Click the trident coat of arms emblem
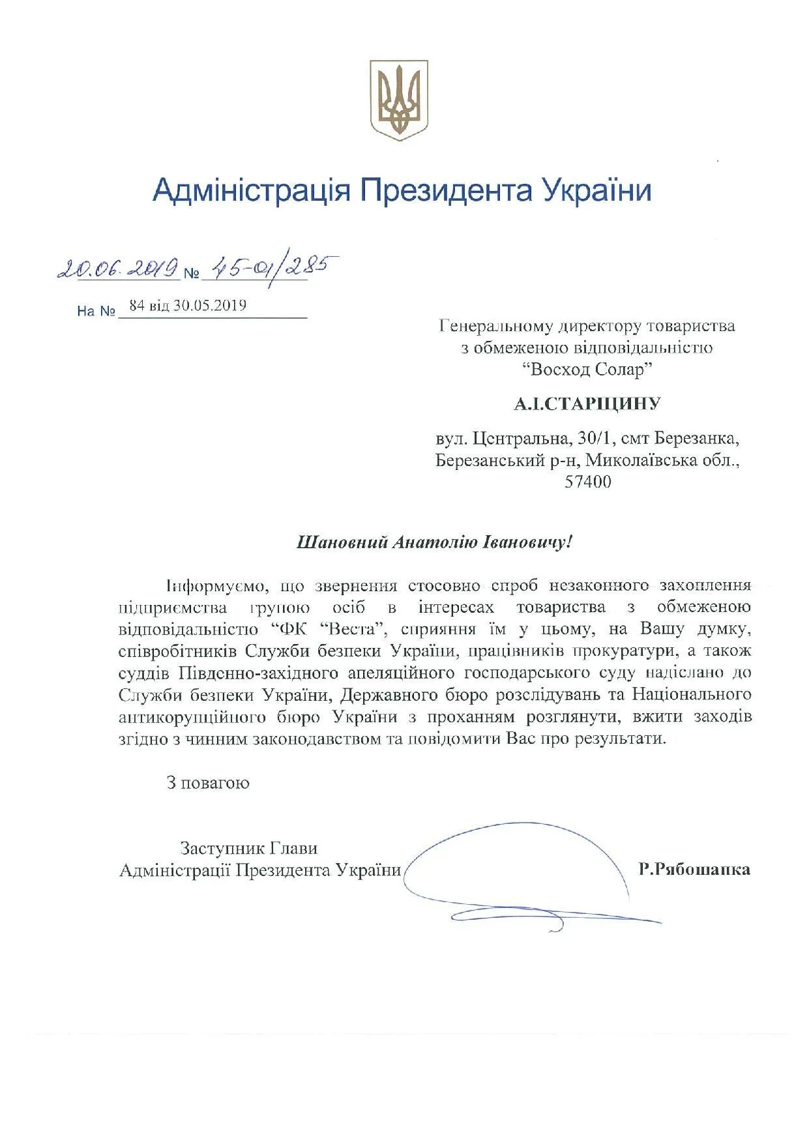point(399,99)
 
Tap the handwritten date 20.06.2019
point(118,268)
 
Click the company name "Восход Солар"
point(587,370)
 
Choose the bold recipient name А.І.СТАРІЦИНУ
point(587,404)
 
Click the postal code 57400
point(590,482)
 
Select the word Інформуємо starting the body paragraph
point(215,585)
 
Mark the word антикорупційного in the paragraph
point(192,717)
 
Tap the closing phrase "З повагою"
point(208,782)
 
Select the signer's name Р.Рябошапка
point(694,869)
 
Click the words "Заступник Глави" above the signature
point(249,848)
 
